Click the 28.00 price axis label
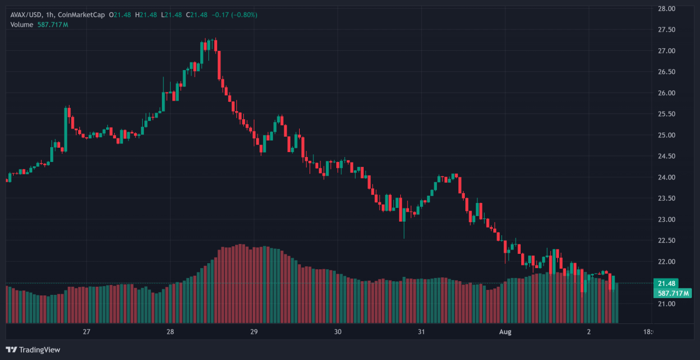[666, 9]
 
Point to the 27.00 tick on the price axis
[666, 51]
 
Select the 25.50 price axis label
[666, 114]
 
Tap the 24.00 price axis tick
[666, 177]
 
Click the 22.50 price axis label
[666, 241]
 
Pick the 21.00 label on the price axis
[666, 304]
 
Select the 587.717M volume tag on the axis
[673, 293]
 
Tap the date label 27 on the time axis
[86, 332]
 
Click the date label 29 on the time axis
[254, 332]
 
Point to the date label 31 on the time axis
[422, 332]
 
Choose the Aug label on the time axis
[505, 332]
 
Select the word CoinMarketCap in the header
[81, 15]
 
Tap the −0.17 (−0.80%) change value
[234, 15]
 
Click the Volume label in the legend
[22, 25]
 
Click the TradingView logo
[33, 350]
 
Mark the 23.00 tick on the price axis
[666, 219]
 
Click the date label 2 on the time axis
[589, 332]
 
